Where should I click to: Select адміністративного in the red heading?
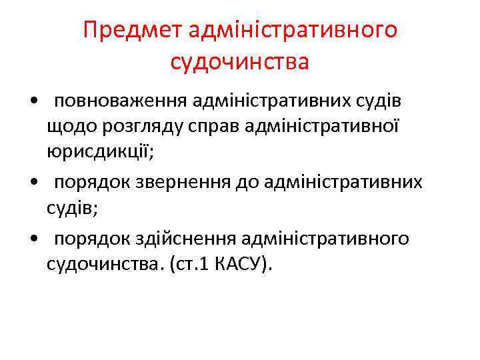pos(293,31)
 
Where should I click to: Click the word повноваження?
pos(121,100)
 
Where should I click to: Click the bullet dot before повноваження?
pos(33,101)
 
